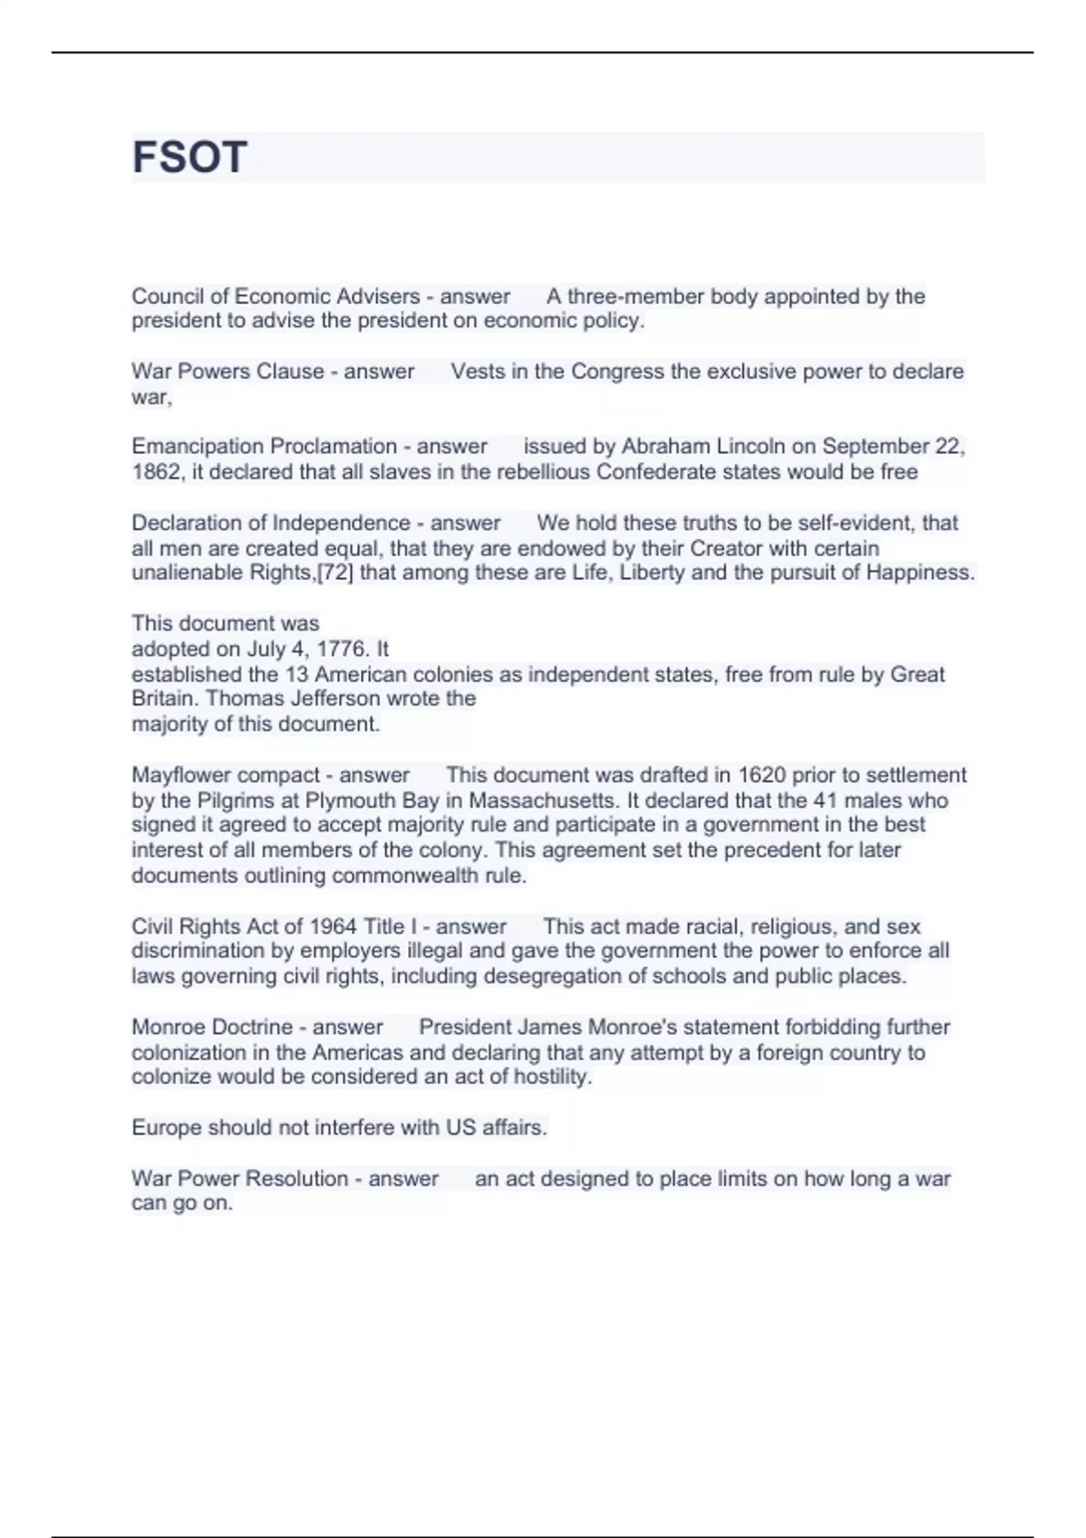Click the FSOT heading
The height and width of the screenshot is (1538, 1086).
click(189, 157)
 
